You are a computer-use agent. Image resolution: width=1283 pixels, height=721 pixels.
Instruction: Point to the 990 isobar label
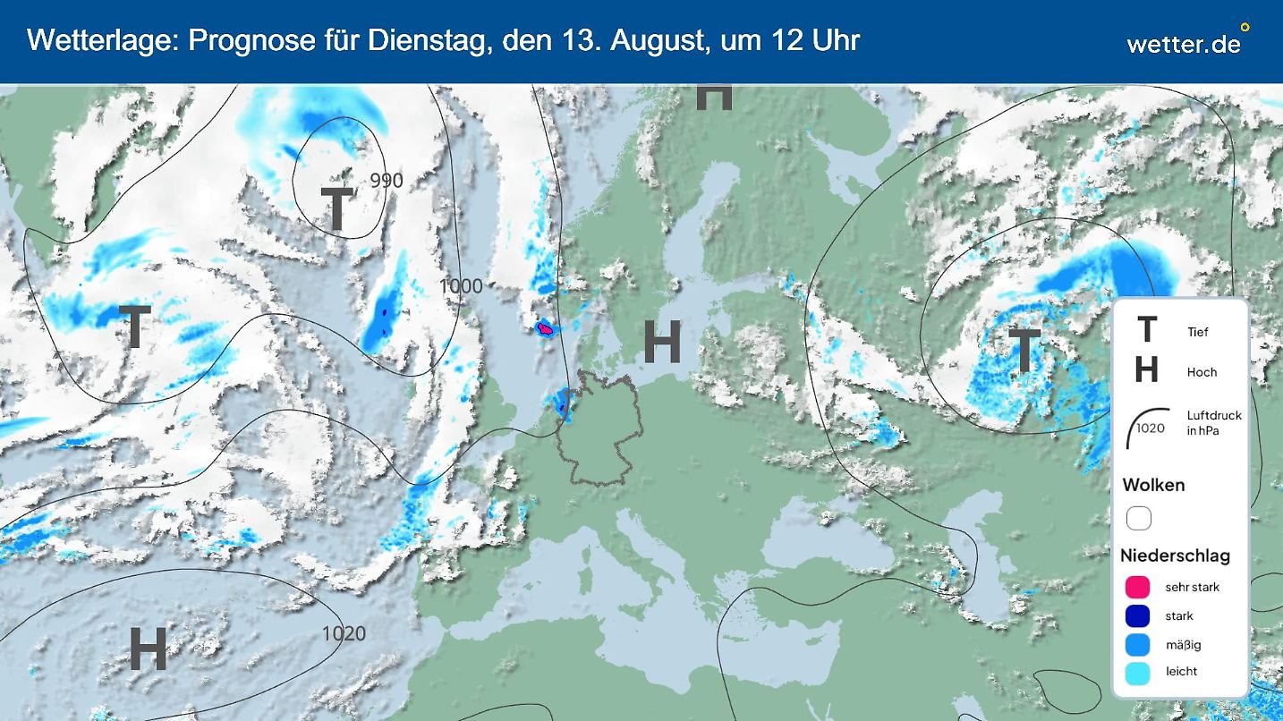tap(387, 181)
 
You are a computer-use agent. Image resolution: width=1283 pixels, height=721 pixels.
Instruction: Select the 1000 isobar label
tap(460, 286)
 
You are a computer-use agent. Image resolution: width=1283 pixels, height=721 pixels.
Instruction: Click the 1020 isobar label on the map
tap(344, 634)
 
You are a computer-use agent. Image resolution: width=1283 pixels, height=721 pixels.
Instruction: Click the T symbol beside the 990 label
tap(336, 209)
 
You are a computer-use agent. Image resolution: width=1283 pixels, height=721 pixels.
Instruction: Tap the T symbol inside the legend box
tap(1146, 331)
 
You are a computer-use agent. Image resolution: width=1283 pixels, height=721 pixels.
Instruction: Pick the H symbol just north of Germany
tap(662, 342)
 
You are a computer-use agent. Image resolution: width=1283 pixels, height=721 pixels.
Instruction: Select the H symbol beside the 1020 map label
tap(149, 649)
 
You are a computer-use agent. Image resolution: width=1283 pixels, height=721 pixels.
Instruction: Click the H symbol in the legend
tap(1146, 370)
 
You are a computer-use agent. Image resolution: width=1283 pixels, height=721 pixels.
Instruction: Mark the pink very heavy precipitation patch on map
tap(545, 329)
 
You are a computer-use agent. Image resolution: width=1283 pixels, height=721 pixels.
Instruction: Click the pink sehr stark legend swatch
tap(1137, 588)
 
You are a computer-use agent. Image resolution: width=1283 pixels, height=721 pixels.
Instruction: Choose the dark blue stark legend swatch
tap(1137, 616)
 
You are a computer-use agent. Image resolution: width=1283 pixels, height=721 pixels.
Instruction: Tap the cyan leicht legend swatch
tap(1137, 672)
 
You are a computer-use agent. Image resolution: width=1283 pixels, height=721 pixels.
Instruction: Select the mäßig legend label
tap(1183, 645)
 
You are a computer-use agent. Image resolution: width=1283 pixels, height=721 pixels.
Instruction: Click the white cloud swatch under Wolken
tap(1138, 519)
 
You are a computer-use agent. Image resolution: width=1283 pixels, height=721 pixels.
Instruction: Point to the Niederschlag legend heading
tap(1175, 556)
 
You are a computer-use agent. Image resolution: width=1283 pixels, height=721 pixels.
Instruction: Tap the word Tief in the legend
tap(1197, 332)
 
